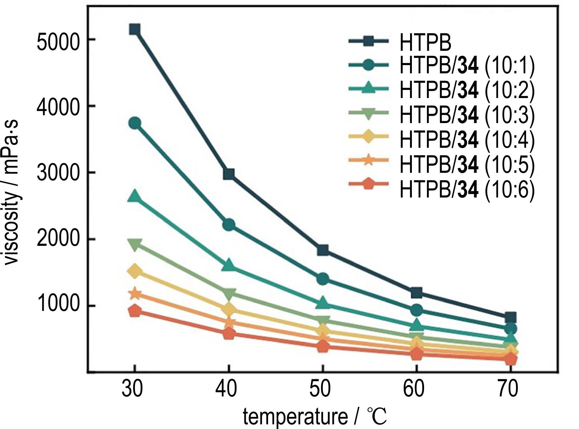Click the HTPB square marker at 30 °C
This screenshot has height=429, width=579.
[135, 29]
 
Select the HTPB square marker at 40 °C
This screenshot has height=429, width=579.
[229, 174]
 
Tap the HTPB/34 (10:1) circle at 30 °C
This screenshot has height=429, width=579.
[135, 123]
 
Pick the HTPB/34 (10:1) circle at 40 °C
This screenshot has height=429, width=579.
[229, 225]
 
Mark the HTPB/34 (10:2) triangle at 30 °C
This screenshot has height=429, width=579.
[135, 196]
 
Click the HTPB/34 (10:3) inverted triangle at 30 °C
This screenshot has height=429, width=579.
[135, 245]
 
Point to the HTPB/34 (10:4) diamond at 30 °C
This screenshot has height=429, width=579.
[135, 271]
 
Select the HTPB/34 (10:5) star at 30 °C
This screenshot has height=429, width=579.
[135, 294]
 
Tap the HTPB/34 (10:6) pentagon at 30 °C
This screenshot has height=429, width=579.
[135, 311]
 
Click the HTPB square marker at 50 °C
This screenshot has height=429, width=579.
[323, 250]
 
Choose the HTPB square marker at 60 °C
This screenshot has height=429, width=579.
[417, 293]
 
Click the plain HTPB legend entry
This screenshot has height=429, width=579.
[425, 42]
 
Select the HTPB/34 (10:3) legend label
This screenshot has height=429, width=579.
[467, 115]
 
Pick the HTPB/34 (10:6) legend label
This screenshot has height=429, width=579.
[467, 189]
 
